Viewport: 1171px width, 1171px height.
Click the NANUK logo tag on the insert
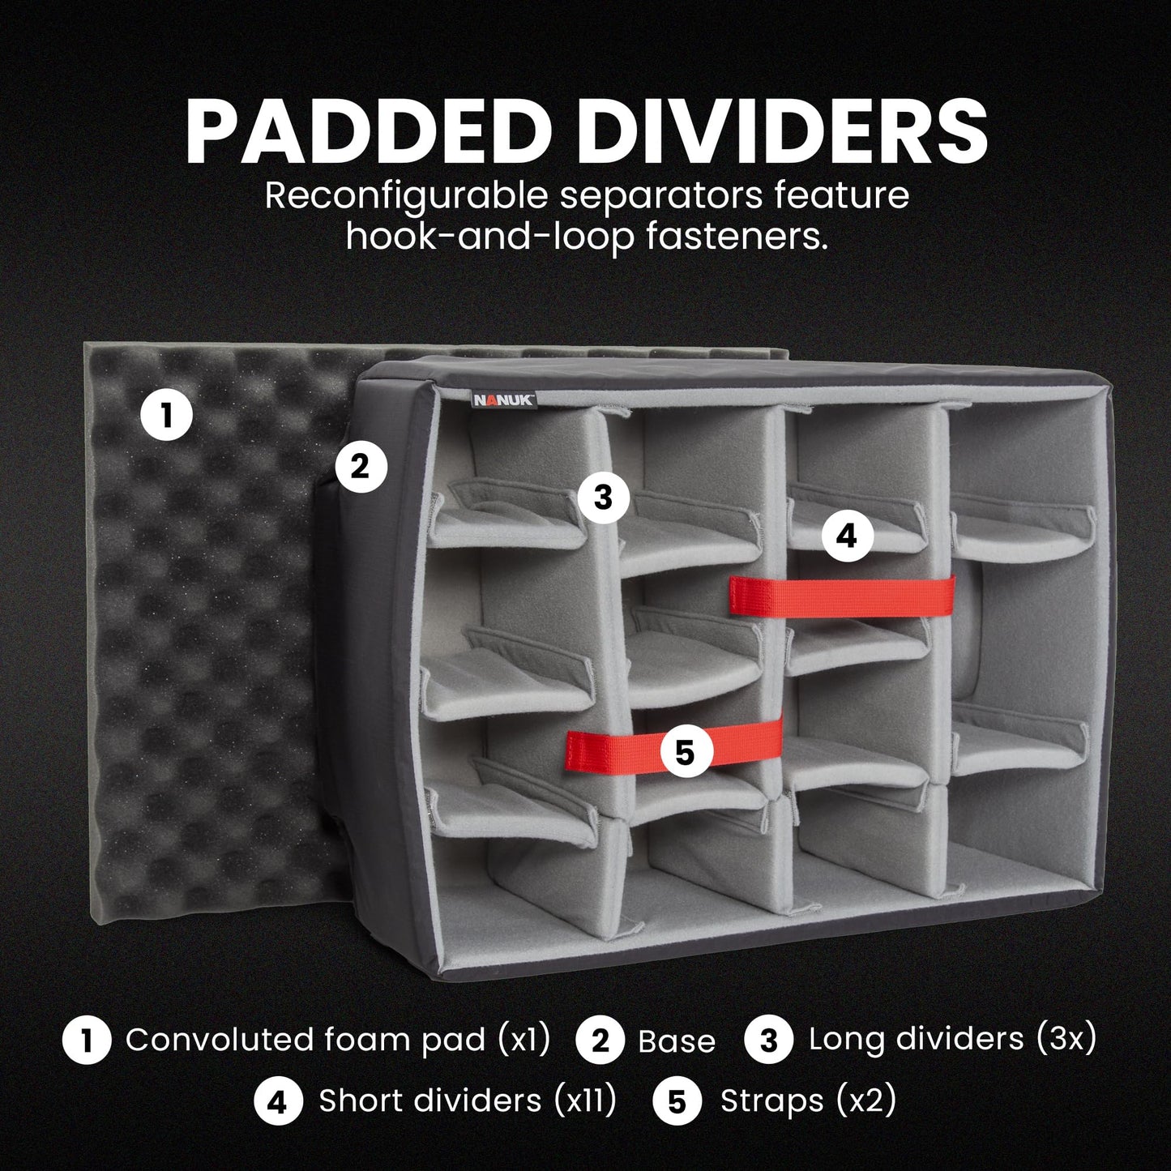coord(504,400)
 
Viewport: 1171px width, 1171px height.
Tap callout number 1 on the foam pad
coord(166,417)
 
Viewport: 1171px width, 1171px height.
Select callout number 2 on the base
coord(361,468)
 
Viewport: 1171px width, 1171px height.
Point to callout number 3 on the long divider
coord(603,498)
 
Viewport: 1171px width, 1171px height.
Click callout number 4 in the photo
coord(847,536)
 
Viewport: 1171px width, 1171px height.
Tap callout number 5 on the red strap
coord(685,753)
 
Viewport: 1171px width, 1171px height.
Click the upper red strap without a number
coord(842,596)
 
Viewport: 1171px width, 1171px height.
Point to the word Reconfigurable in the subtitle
coord(406,197)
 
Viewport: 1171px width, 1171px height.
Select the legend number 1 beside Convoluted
coord(87,1040)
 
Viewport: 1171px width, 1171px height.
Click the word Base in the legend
coord(677,1041)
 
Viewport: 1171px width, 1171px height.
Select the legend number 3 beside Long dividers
coord(769,1040)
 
